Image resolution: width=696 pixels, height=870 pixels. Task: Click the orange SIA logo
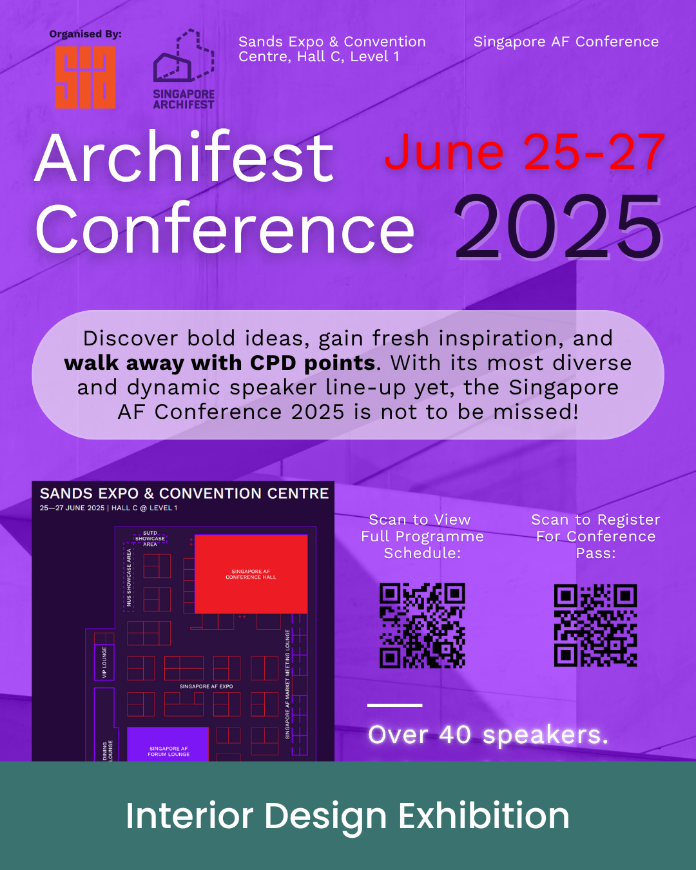(85, 77)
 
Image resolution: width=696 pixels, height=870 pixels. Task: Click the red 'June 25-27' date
(525, 153)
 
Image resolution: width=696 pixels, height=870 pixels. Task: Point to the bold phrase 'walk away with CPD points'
(220, 363)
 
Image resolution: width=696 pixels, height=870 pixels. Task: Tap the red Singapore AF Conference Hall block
(251, 574)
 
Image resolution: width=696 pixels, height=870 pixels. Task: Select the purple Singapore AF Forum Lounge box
(168, 744)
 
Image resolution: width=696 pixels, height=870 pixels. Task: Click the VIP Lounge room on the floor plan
(104, 662)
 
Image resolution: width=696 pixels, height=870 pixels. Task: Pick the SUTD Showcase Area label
(150, 539)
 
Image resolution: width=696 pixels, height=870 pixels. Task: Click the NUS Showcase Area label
(129, 577)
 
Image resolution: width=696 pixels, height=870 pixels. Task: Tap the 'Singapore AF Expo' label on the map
(206, 686)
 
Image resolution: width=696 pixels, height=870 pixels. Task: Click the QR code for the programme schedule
(422, 625)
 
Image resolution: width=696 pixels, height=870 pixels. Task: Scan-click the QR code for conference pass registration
(595, 625)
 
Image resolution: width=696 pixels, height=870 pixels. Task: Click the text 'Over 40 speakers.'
(488, 735)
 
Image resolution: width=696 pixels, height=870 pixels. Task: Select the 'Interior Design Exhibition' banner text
(347, 816)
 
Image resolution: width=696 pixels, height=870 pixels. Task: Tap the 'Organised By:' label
(85, 34)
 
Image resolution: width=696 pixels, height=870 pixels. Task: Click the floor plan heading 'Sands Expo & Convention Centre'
(184, 493)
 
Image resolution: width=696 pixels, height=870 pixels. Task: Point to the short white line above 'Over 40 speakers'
(394, 705)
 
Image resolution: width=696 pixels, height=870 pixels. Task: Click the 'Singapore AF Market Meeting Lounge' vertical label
(287, 684)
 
